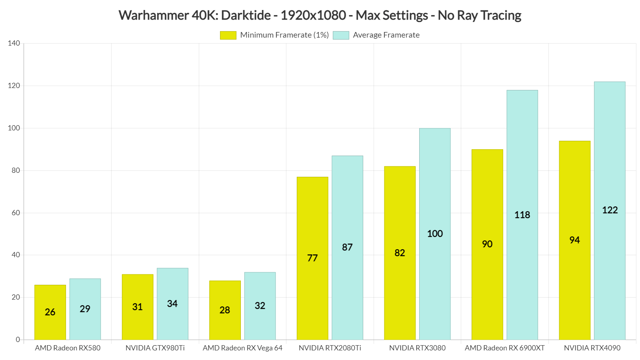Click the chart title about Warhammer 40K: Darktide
(320, 16)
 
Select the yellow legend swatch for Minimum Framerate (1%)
(228, 35)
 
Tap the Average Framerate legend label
(386, 35)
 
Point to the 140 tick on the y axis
(14, 43)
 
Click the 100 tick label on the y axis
(14, 128)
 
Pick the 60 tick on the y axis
(16, 213)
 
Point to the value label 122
(610, 210)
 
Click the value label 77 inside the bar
(312, 258)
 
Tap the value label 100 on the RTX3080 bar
(435, 234)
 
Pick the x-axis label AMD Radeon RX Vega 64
(242, 348)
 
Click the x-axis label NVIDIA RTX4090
(592, 348)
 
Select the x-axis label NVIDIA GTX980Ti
(155, 348)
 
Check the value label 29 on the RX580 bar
(85, 309)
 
